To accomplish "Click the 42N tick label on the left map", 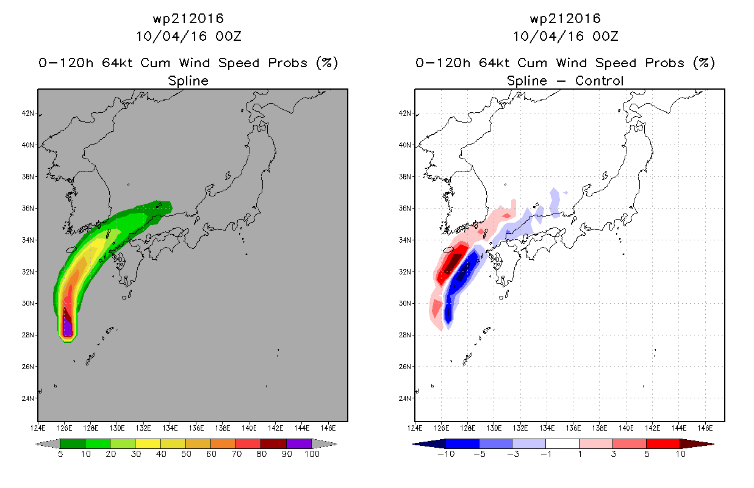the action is coord(28,113).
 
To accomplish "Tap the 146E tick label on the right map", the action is coord(705,428).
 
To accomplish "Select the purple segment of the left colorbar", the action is coord(299,443).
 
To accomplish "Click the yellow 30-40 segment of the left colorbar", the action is coord(148,443).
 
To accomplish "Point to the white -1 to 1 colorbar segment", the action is coord(562,443).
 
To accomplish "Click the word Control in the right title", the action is coord(599,81).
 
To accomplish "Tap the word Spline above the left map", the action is coord(188,81).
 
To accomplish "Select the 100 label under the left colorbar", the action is coord(312,454).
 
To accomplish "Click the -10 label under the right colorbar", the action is coord(446,454).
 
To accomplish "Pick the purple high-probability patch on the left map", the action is coord(68,328).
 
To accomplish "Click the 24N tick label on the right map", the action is coord(405,398).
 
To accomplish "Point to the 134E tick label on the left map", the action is coord(170,428).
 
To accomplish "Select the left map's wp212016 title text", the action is coord(188,18).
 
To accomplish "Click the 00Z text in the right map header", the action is coord(605,36).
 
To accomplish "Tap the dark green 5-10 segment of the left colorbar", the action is coord(73,443).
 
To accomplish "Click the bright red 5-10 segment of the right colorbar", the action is coord(662,443).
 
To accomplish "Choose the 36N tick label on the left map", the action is coord(28,209).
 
